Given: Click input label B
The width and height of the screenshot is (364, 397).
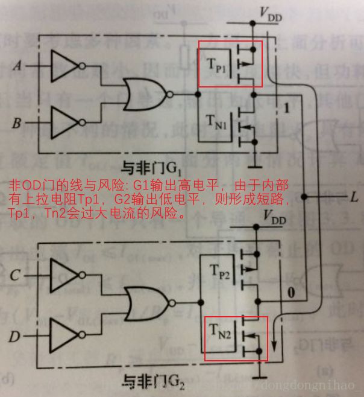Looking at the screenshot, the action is tap(17, 124).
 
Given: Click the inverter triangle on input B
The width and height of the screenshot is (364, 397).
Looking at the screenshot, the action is tap(63, 123).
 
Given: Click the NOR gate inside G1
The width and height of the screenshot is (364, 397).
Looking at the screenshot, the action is tap(145, 94).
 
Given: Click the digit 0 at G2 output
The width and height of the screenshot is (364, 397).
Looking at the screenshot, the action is tap(291, 294).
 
